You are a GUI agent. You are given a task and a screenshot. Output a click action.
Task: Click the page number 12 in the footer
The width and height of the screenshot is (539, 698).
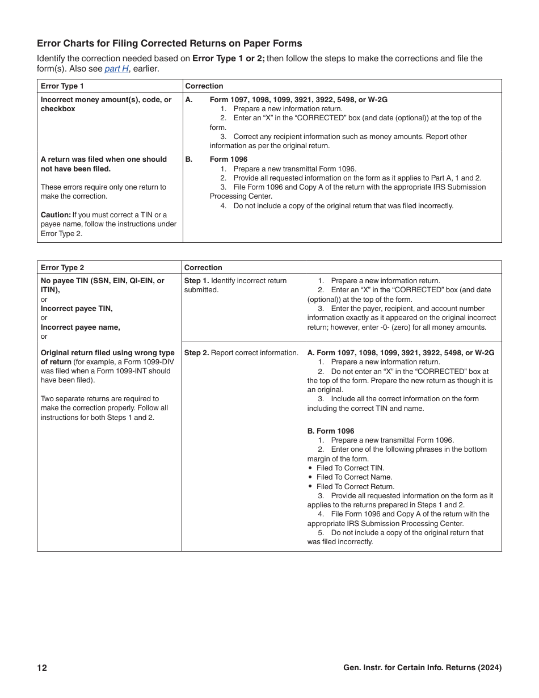click(42, 668)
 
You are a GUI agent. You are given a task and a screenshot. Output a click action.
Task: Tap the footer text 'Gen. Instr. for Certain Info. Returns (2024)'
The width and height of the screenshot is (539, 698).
click(422, 668)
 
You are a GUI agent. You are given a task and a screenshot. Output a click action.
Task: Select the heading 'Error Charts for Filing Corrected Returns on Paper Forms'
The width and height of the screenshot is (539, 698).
click(169, 44)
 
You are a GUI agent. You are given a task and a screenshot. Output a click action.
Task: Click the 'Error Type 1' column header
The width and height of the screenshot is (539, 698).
click(62, 86)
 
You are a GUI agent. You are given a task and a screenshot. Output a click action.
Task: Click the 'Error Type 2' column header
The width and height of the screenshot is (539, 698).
click(62, 268)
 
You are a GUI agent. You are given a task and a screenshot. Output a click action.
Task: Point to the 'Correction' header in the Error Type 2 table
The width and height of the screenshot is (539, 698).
click(203, 268)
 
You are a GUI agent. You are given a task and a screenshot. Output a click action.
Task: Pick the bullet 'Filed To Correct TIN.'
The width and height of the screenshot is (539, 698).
click(350, 468)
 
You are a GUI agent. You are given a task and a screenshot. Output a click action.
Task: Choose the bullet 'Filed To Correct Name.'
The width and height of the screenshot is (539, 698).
click(354, 477)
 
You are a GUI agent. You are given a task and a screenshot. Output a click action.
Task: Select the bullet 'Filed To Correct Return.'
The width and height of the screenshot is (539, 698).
click(355, 487)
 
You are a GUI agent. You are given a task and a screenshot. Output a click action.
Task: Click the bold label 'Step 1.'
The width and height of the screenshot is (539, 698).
click(196, 281)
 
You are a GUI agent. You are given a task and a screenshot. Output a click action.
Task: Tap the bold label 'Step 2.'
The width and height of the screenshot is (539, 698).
click(196, 353)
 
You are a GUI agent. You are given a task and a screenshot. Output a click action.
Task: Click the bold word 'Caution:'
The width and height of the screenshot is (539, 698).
click(56, 215)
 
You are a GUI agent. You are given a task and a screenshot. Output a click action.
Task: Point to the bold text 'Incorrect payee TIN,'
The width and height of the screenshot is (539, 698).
click(77, 309)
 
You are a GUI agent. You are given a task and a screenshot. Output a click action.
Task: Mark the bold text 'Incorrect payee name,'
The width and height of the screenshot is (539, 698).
click(80, 327)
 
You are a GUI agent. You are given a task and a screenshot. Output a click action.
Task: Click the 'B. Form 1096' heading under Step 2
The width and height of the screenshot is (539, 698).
click(331, 431)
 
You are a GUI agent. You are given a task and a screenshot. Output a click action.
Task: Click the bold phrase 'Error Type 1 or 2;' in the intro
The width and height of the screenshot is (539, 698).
click(229, 58)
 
